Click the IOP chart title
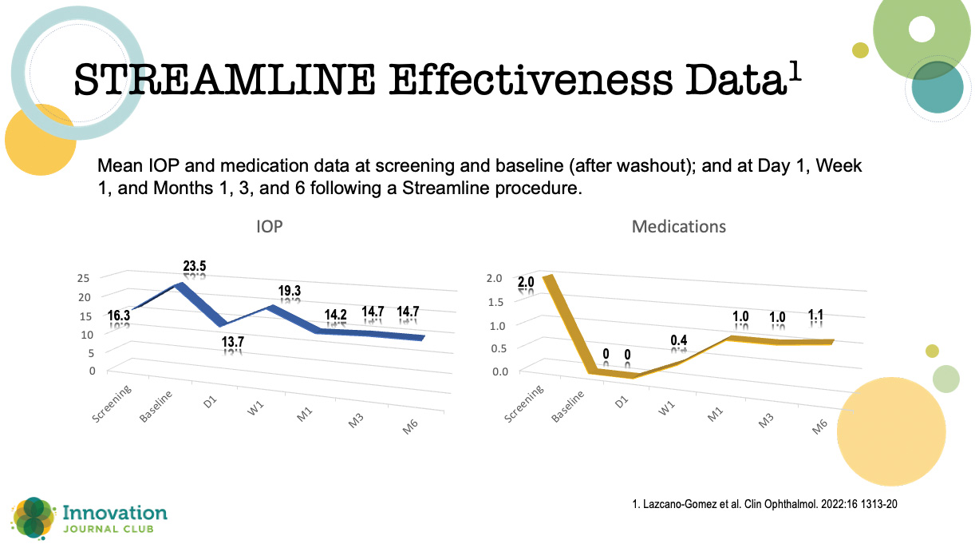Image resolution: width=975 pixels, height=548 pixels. click(x=270, y=227)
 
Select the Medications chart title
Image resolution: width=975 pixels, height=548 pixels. click(x=678, y=227)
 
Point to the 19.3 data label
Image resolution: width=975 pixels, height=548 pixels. click(x=290, y=292)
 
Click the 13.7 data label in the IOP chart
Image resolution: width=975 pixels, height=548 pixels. click(x=233, y=342)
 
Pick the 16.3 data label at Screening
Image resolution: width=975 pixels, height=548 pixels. click(x=120, y=316)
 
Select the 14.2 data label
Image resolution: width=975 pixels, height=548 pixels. click(x=336, y=313)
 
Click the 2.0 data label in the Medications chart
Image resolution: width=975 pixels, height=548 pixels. click(x=526, y=283)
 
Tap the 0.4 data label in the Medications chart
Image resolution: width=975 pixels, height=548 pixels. click(x=679, y=340)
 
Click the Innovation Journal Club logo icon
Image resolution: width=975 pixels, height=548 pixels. click(x=32, y=517)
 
